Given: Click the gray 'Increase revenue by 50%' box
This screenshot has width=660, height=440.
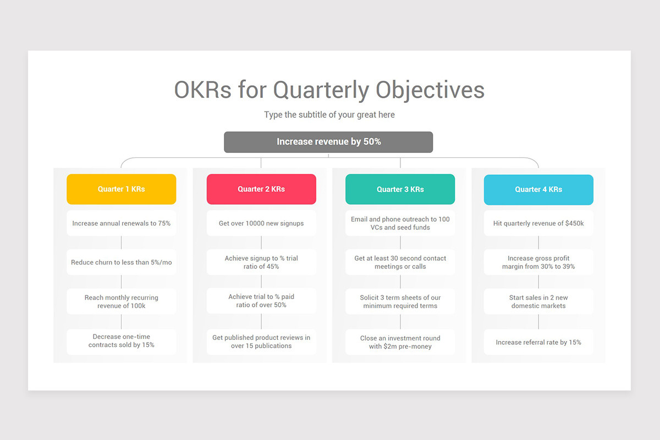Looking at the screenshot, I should click(x=328, y=142).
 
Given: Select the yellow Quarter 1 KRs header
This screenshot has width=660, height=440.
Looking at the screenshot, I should click(x=122, y=189).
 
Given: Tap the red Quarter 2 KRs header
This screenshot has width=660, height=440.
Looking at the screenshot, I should click(x=261, y=189).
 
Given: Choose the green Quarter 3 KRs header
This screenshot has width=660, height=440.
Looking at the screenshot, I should click(x=400, y=189).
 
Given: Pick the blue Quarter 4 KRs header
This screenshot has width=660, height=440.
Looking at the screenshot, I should click(x=538, y=189).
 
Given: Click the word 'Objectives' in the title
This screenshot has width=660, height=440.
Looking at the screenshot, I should click(x=430, y=90).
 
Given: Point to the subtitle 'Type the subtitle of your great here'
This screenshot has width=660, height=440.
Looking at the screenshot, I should click(x=329, y=115).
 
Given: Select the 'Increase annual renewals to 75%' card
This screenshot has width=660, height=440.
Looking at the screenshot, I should click(x=122, y=223).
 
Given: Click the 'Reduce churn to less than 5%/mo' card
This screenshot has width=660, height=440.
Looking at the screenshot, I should click(x=122, y=262).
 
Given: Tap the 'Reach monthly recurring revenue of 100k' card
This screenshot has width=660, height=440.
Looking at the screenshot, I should click(x=122, y=301).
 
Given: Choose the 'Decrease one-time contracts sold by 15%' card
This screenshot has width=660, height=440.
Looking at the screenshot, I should click(x=122, y=341).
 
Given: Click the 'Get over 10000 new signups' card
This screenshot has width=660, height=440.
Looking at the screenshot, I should click(x=261, y=223).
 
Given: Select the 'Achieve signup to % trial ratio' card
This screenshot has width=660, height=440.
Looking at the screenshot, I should click(x=261, y=262).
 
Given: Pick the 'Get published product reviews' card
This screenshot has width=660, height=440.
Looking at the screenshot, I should click(x=261, y=342).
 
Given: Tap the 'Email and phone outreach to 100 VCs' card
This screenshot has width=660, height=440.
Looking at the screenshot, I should click(x=400, y=223).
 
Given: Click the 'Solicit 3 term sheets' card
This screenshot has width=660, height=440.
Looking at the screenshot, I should click(x=400, y=301).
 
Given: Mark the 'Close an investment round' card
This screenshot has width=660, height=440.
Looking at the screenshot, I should click(x=400, y=342).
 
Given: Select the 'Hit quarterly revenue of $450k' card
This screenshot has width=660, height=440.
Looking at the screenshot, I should click(x=538, y=223).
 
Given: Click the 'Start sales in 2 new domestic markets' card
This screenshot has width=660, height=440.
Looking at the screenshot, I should click(x=538, y=301).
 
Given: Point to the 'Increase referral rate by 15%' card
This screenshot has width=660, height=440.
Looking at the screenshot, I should click(x=538, y=342).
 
